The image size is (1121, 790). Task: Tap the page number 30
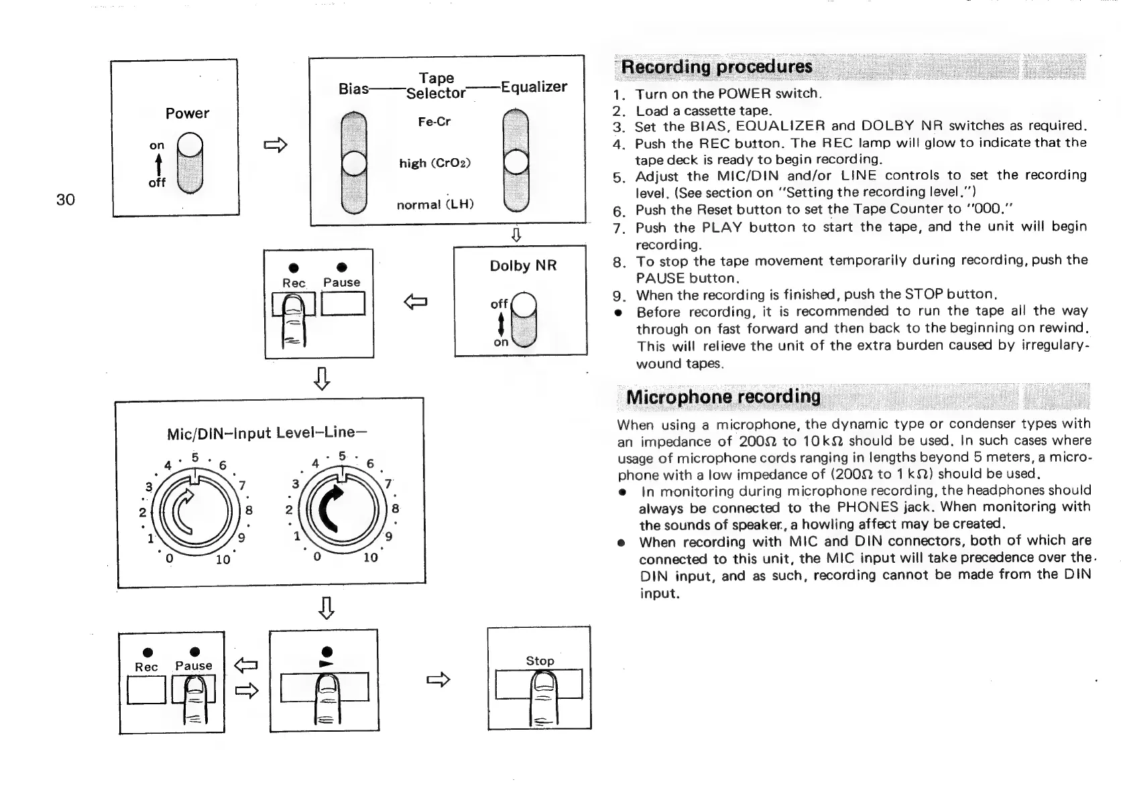pyautogui.click(x=65, y=199)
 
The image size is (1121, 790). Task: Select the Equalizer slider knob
pyautogui.click(x=516, y=162)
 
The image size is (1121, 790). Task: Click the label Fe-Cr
pyautogui.click(x=434, y=122)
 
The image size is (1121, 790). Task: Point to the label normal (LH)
pyautogui.click(x=435, y=204)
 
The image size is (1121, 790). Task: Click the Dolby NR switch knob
pyautogui.click(x=524, y=306)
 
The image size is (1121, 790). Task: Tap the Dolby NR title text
pyautogui.click(x=523, y=266)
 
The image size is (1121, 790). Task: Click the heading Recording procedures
pyautogui.click(x=716, y=67)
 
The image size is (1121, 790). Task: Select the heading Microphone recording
pyautogui.click(x=723, y=397)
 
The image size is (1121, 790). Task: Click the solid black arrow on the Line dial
pyautogui.click(x=341, y=509)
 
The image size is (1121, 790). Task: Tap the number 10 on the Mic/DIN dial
pyautogui.click(x=223, y=559)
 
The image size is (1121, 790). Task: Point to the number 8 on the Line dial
pyautogui.click(x=396, y=509)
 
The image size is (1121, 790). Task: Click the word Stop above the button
pyautogui.click(x=540, y=661)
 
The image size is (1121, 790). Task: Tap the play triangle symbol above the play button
pyautogui.click(x=327, y=663)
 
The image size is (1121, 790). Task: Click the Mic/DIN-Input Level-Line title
pyautogui.click(x=266, y=433)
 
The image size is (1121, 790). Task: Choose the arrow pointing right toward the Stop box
pyautogui.click(x=438, y=681)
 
